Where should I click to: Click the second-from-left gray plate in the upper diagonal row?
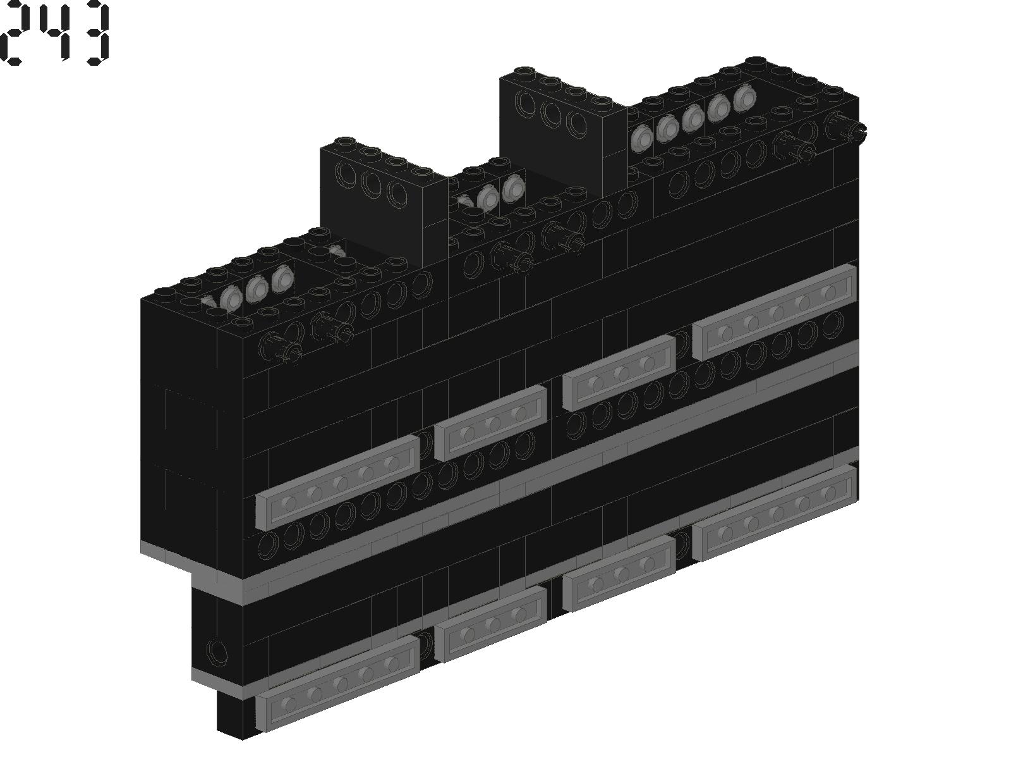point(490,423)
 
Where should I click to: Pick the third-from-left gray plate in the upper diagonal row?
point(619,373)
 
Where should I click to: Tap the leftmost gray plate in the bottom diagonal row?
point(337,684)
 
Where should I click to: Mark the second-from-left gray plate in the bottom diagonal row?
point(490,624)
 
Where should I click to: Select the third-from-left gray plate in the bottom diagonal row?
point(619,574)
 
